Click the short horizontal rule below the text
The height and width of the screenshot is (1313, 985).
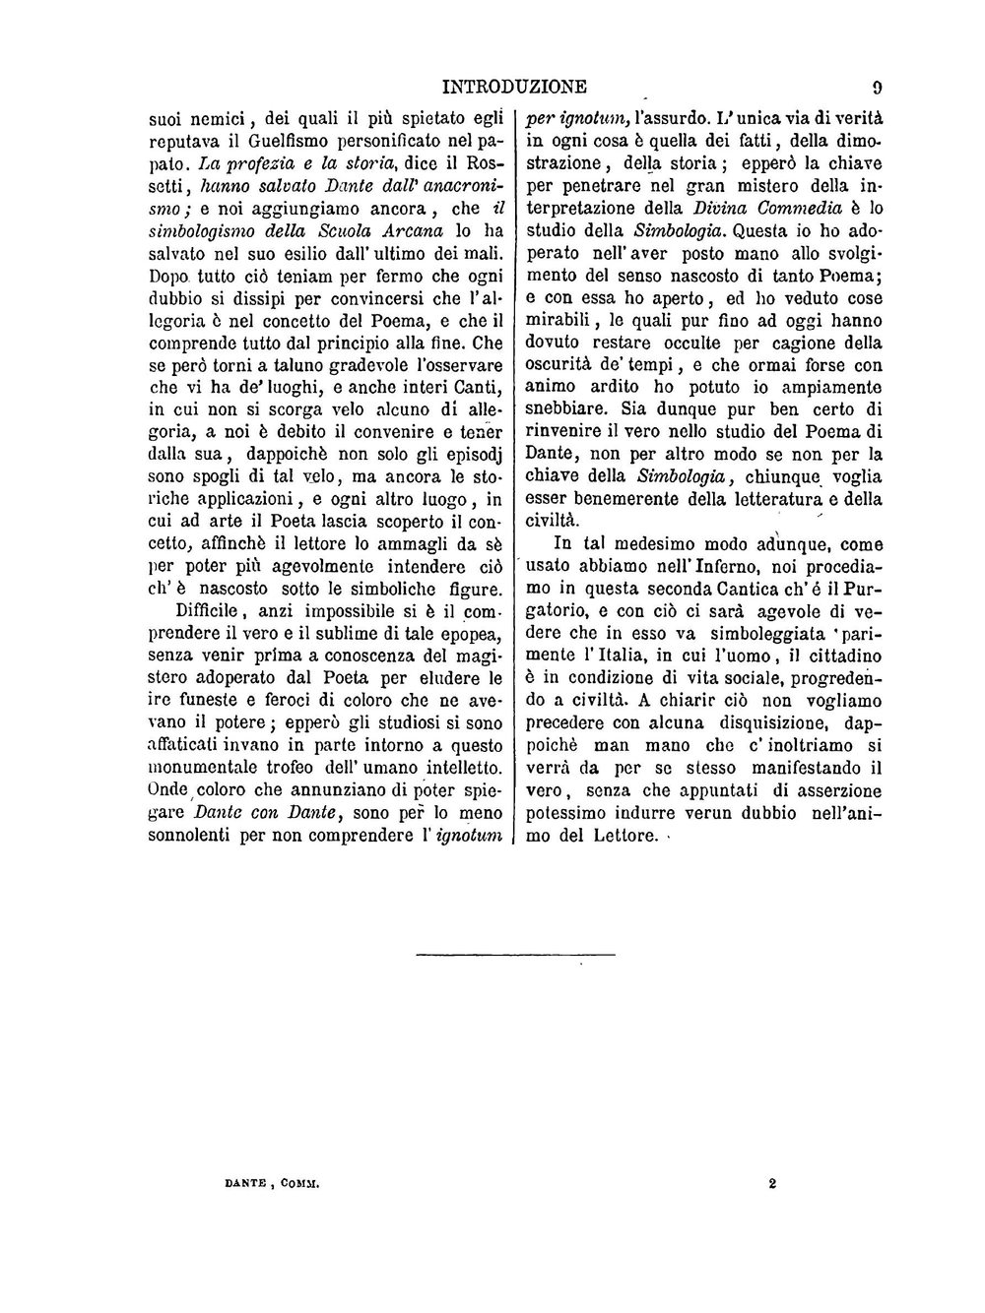tap(515, 954)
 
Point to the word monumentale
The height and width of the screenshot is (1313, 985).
tap(201, 769)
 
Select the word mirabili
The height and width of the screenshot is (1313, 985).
tap(558, 320)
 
